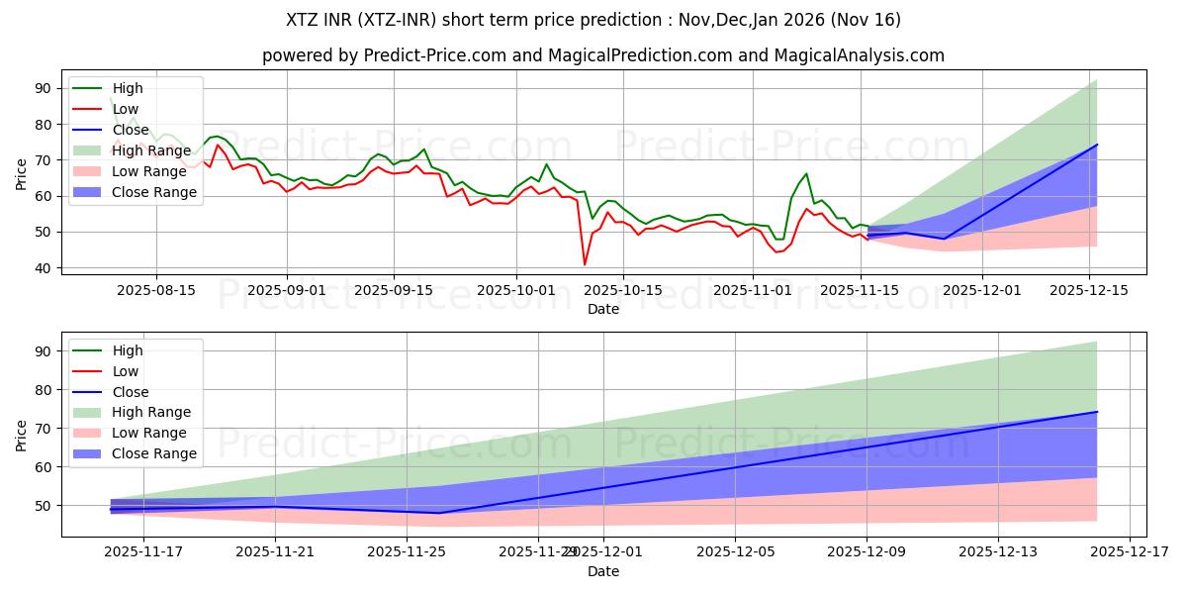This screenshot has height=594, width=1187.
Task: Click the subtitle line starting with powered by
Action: tap(603, 55)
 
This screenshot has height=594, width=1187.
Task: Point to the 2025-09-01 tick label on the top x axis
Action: tap(287, 290)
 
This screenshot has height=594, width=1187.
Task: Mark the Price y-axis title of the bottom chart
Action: tap(22, 434)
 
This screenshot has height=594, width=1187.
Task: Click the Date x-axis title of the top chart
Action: tap(603, 309)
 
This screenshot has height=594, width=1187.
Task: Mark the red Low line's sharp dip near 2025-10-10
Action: tap(585, 264)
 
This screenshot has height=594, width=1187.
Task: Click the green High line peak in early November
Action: tap(806, 174)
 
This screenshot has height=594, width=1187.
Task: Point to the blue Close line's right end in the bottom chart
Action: tap(1097, 412)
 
